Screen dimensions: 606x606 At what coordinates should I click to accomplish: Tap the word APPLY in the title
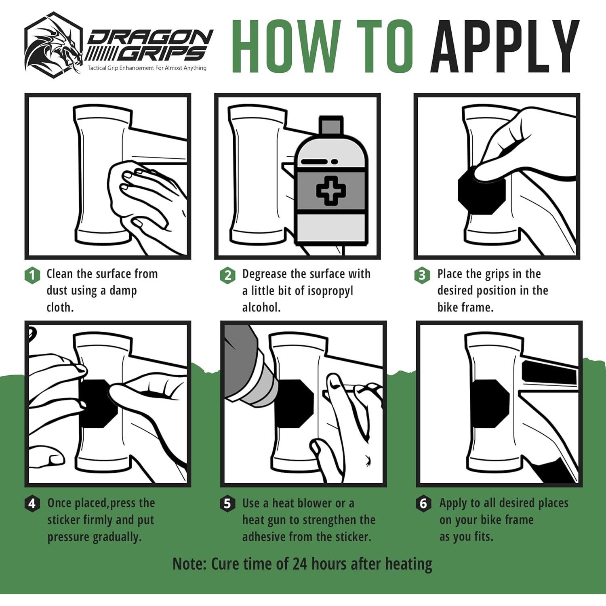click(505, 46)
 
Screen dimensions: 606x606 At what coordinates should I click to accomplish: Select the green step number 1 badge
click(32, 276)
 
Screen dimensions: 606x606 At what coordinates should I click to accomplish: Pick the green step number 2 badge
click(228, 276)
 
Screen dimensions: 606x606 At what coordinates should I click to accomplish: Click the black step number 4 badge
click(32, 504)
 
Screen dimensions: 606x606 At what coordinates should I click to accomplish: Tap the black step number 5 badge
click(228, 504)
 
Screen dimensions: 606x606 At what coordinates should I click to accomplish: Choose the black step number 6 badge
click(423, 504)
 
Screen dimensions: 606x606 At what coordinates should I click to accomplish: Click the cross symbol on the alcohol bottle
click(331, 190)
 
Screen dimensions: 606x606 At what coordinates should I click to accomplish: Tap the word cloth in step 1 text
click(60, 307)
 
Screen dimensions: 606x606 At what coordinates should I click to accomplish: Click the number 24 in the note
click(300, 564)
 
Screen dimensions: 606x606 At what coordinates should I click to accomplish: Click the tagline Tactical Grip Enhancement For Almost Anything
click(147, 68)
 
